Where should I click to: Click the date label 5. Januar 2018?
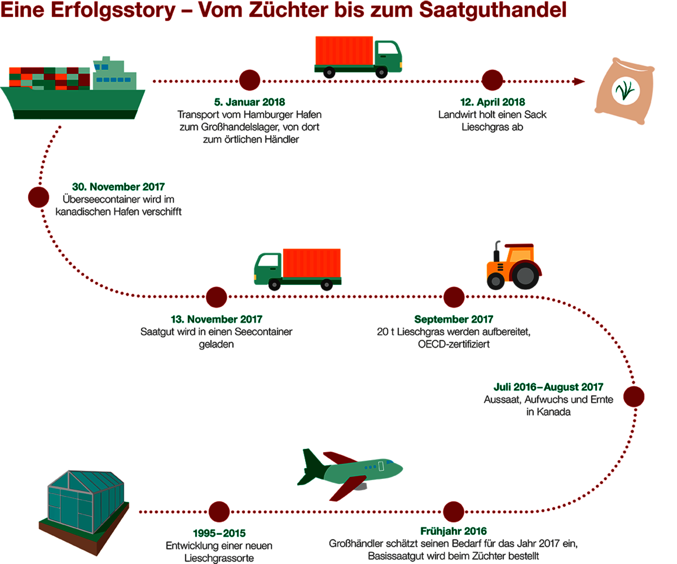coord(249,102)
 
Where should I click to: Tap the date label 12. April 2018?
coord(493,102)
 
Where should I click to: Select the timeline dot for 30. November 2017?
coord(39,197)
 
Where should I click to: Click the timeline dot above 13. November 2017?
coord(216,297)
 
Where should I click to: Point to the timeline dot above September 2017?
coord(454,297)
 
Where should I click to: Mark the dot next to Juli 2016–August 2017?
coord(634,396)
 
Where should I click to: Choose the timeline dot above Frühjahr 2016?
coord(454,512)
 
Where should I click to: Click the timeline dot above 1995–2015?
coord(219,512)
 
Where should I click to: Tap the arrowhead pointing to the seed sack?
coord(579,81)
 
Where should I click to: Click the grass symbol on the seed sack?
coord(625,90)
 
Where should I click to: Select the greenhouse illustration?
coord(84,512)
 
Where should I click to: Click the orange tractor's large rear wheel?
coord(525,275)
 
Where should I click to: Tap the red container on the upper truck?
coord(344,51)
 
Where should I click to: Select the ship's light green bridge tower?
coord(114,74)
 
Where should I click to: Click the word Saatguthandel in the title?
coord(493,10)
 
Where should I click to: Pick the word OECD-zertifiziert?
coord(454,344)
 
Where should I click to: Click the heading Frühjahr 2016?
coord(454,531)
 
